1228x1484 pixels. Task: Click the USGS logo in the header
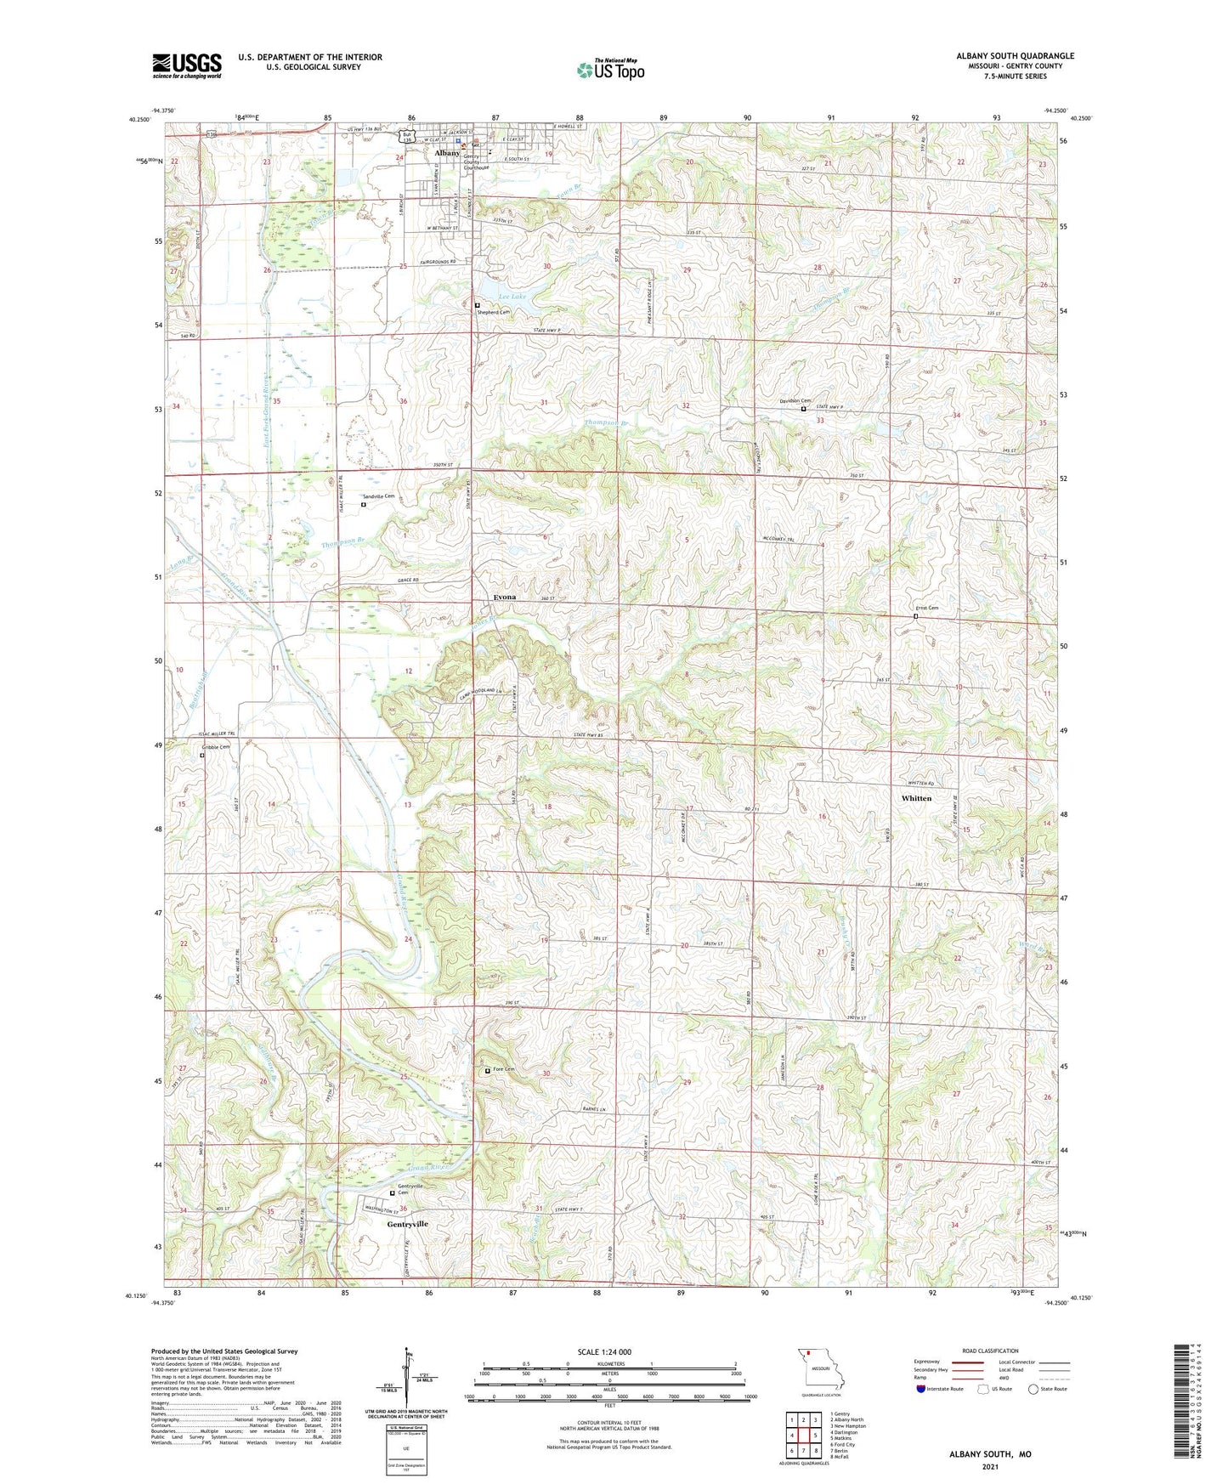(x=187, y=65)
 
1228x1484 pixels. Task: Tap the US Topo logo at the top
(x=610, y=69)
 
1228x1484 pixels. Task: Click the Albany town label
(x=447, y=153)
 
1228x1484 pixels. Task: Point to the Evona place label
(x=505, y=597)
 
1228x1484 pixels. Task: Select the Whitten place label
(x=916, y=798)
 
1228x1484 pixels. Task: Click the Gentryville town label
(x=408, y=1224)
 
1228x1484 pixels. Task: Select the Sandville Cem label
(x=378, y=496)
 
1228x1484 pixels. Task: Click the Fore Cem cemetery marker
(x=487, y=1071)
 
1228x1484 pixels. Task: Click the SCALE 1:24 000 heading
(x=604, y=1351)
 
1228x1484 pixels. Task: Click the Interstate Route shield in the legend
(x=921, y=1389)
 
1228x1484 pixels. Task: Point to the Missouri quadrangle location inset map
(x=820, y=1371)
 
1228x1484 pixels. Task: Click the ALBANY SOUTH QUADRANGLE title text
(x=1015, y=56)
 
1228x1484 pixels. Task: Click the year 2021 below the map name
(x=990, y=1466)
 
